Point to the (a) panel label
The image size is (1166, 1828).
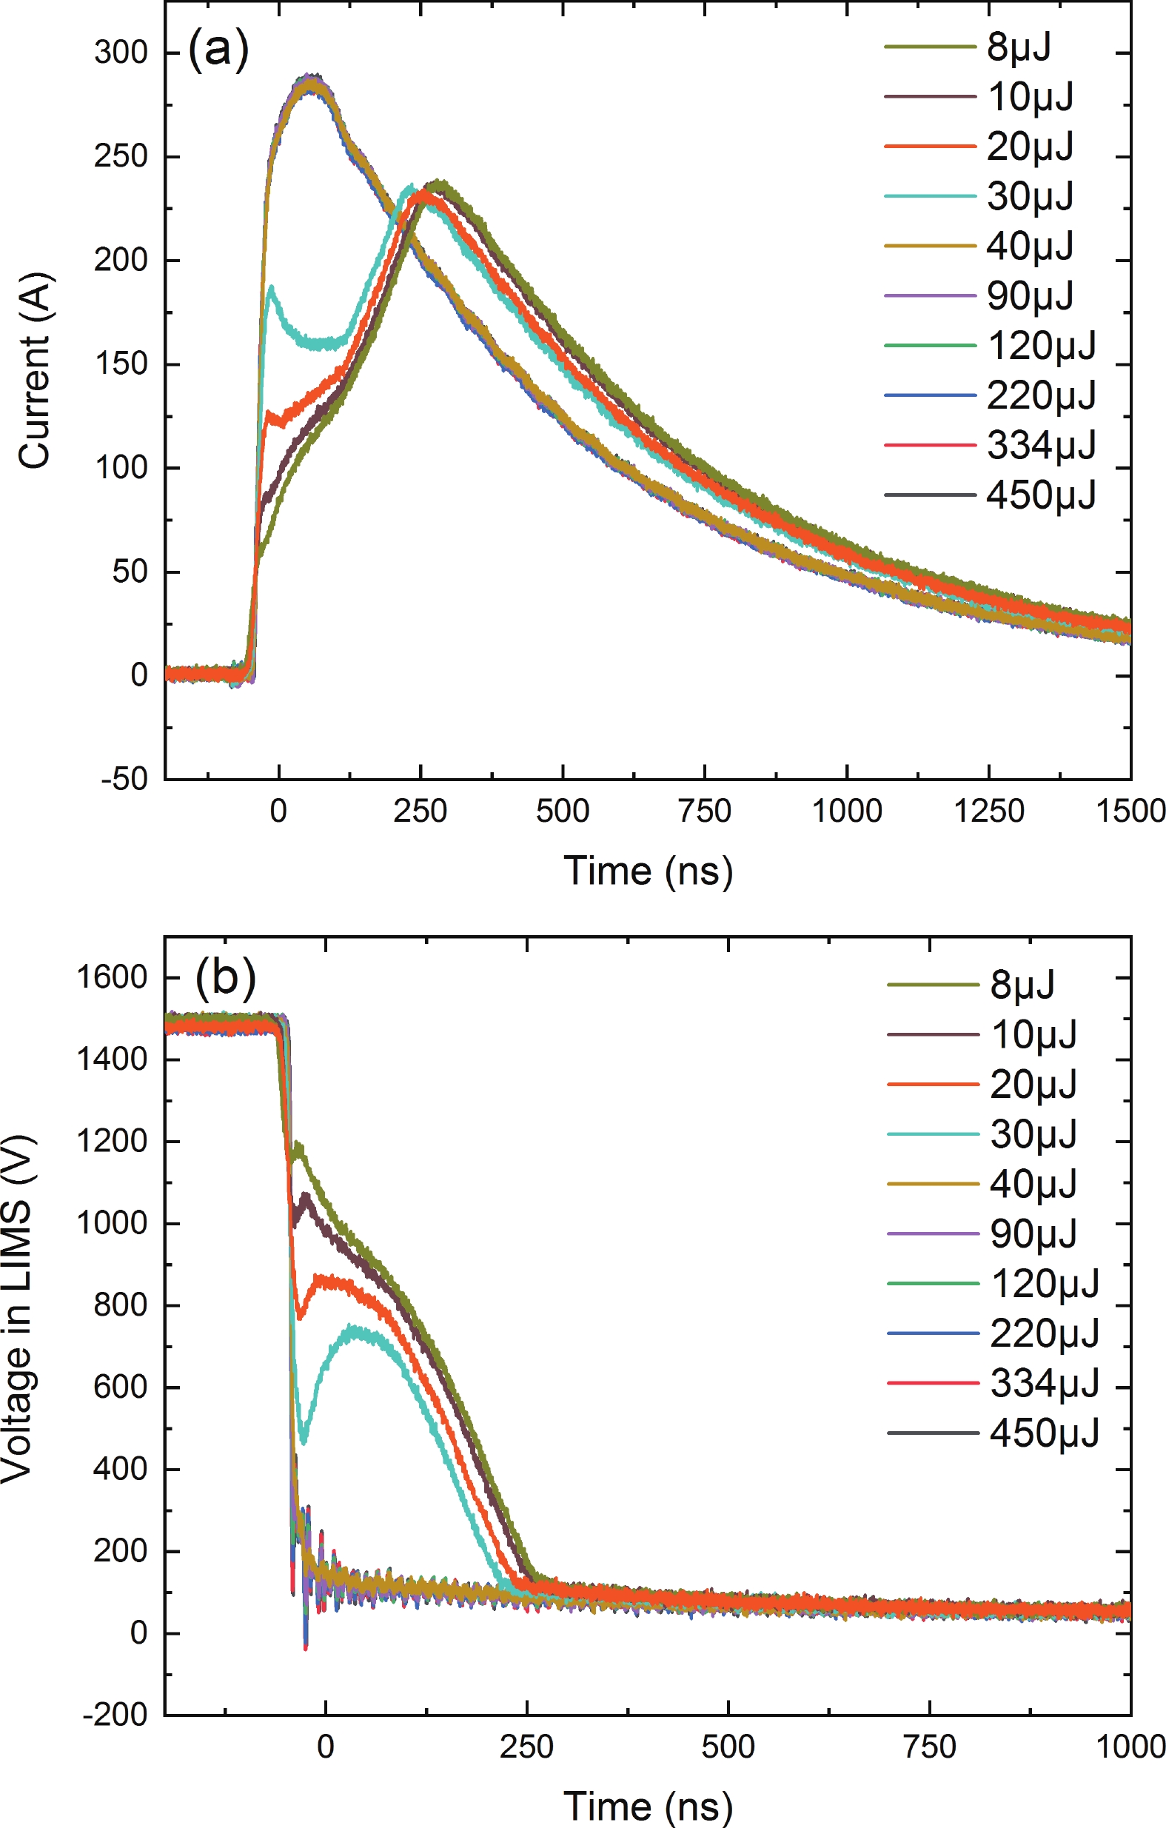(218, 50)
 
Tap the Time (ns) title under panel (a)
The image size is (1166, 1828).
(648, 871)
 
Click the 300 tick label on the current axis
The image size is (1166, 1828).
(121, 53)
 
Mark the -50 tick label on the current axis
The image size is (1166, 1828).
(124, 780)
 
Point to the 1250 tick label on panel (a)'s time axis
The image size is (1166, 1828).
(988, 811)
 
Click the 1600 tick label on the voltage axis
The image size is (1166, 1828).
(112, 977)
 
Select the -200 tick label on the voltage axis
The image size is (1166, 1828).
(115, 1715)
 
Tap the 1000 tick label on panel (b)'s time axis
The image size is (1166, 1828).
(1130, 1747)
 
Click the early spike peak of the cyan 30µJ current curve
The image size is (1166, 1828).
(271, 287)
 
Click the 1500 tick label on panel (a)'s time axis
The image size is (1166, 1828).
(1130, 811)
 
